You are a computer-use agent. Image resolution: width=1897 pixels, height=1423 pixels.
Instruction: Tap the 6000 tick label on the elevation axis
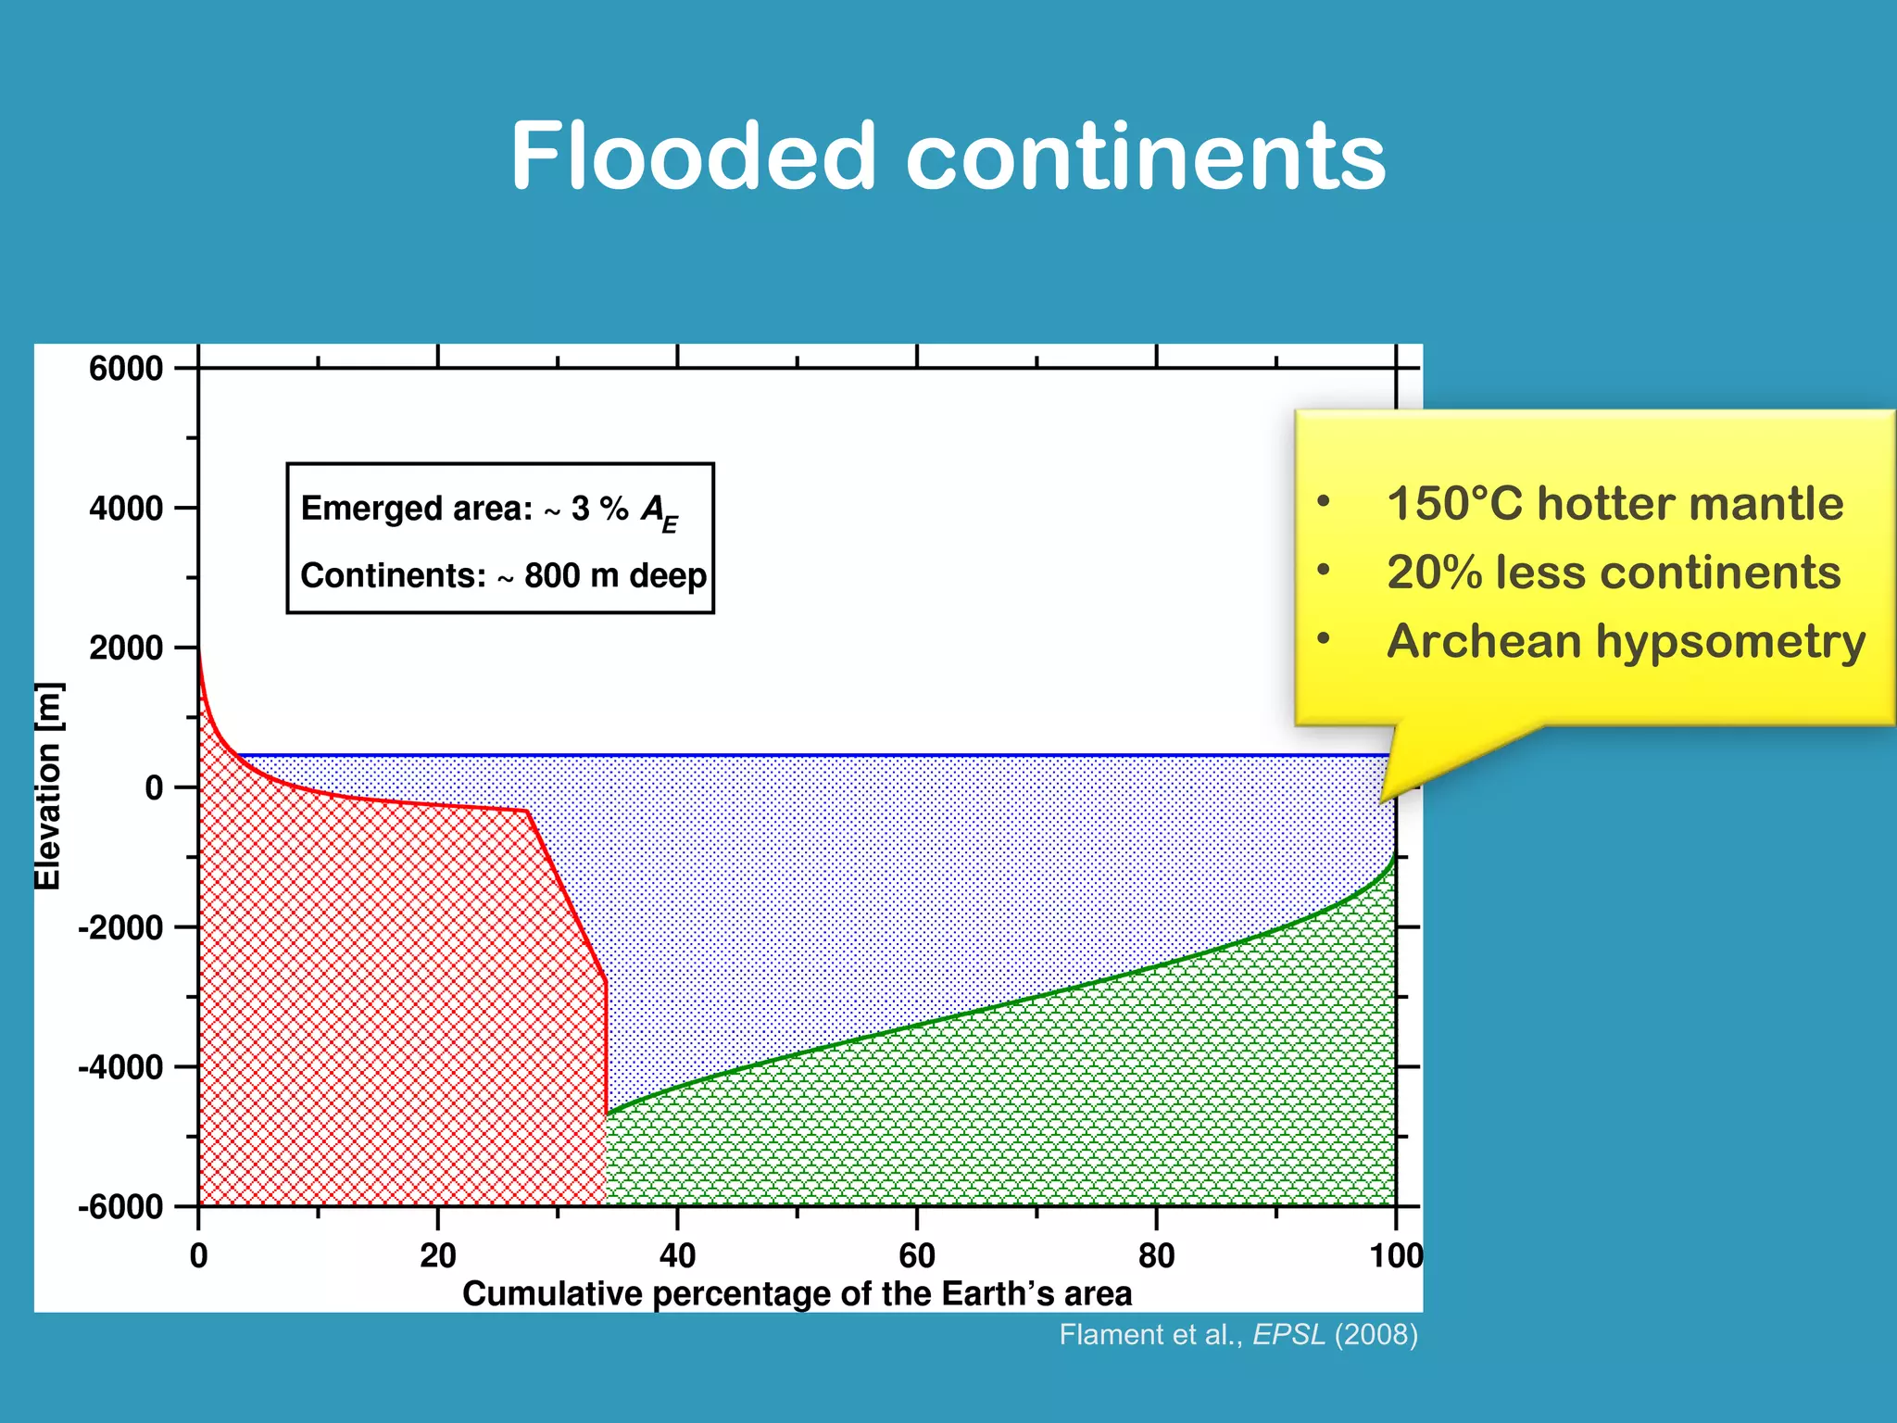[x=126, y=369]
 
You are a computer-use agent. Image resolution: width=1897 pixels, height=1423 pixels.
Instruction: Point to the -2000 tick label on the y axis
[x=121, y=927]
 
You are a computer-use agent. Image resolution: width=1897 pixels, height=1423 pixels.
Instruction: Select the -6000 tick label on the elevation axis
[x=121, y=1207]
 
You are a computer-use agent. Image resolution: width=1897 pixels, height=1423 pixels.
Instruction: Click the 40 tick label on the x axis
[x=677, y=1255]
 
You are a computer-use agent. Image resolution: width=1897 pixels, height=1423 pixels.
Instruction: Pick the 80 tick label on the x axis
[x=1156, y=1255]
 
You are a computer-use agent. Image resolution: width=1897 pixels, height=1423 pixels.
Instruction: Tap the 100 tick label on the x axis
[x=1396, y=1255]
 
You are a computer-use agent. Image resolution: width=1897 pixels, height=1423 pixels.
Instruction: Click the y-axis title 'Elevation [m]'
[x=48, y=786]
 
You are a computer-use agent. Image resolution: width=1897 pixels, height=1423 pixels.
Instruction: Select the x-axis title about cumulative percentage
[x=797, y=1293]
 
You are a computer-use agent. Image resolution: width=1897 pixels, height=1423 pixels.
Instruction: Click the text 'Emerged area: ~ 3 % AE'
[x=489, y=510]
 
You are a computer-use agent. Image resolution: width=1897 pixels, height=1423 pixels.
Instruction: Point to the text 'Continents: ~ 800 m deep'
[x=503, y=575]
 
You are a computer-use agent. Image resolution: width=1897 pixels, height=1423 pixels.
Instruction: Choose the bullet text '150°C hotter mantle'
[x=1614, y=504]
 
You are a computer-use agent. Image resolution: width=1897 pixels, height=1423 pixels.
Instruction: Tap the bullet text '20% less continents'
[x=1614, y=573]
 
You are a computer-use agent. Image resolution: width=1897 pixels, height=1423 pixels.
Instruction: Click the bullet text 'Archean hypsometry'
[x=1626, y=641]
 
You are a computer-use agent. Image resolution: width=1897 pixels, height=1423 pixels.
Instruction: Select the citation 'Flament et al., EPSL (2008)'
[x=1238, y=1334]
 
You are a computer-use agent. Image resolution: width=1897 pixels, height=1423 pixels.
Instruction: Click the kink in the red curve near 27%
[x=527, y=811]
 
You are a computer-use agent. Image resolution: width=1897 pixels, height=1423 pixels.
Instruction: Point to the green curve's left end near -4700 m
[x=608, y=1114]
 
